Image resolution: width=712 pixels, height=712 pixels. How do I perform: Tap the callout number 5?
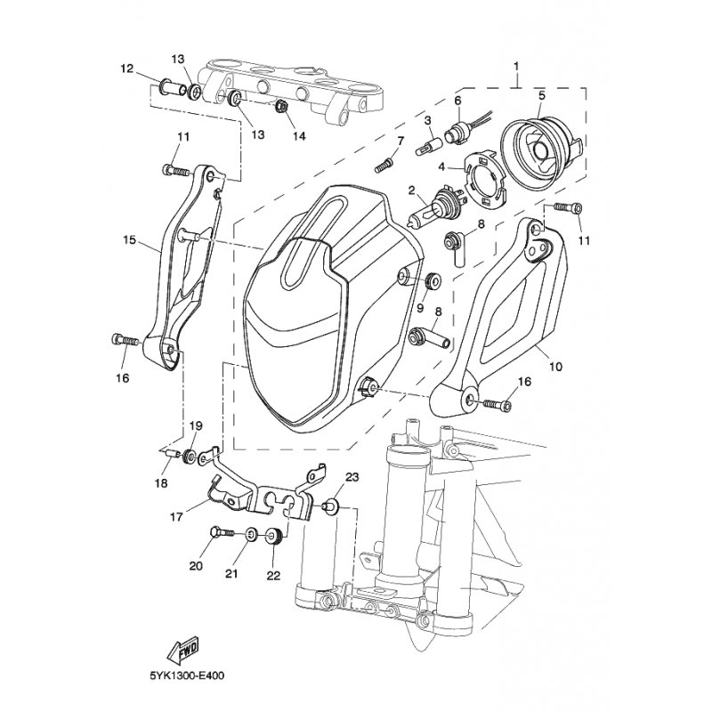click(540, 95)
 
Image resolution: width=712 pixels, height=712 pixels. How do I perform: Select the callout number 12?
click(127, 69)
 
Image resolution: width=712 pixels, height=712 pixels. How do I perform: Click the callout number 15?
click(130, 240)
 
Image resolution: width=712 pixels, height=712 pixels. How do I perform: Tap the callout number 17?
click(177, 515)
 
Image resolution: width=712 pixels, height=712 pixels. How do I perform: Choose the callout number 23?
click(352, 478)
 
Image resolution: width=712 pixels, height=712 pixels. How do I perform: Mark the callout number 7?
click(400, 141)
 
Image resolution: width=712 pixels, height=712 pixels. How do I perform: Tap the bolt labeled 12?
click(167, 89)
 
